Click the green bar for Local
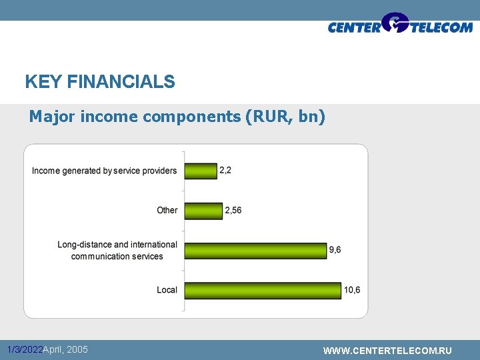point(262,290)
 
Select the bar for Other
point(203,211)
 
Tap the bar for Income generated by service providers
point(201,171)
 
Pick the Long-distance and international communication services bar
point(255,250)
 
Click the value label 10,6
point(352,290)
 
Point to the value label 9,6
point(335,250)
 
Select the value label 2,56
point(233,211)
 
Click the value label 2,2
point(225,171)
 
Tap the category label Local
point(167,290)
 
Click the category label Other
point(167,211)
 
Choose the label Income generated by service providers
point(104,171)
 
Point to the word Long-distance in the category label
point(83,245)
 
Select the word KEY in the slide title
point(43,82)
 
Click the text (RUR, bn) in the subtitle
point(285,117)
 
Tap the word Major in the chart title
point(52,117)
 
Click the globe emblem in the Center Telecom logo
point(395,23)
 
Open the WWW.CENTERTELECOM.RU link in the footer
point(387,351)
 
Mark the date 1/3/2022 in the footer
point(25,350)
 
